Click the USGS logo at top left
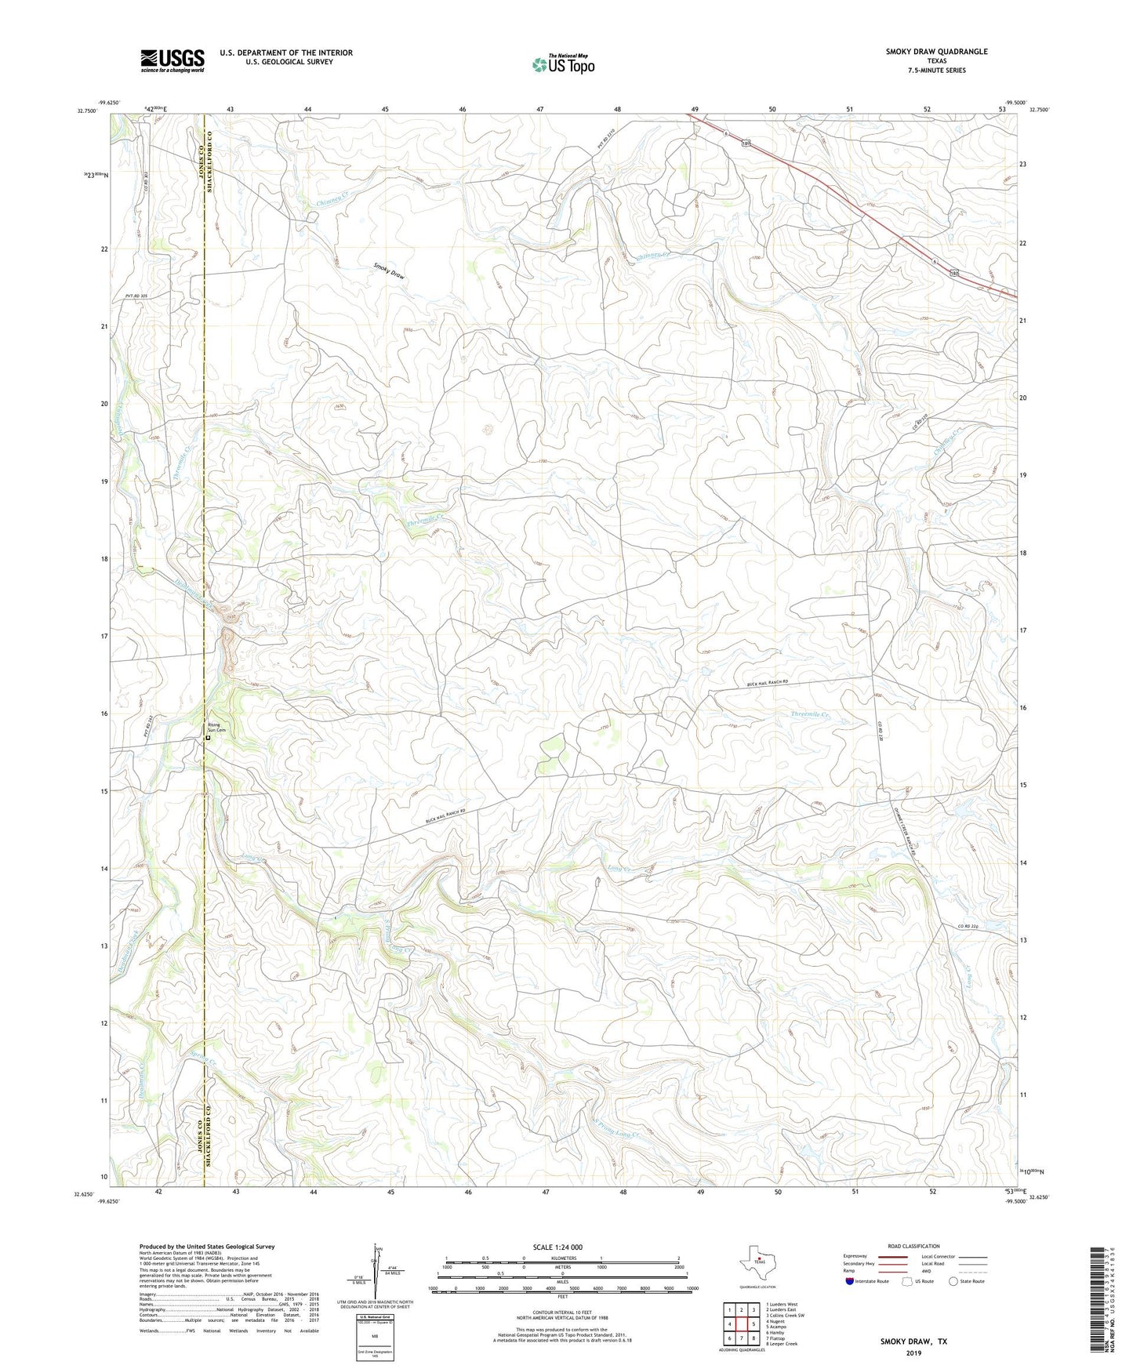[172, 60]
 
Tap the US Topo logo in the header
[561, 64]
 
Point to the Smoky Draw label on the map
[389, 272]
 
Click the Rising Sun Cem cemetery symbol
[209, 738]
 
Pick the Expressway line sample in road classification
[881, 1257]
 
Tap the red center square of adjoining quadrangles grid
[741, 1324]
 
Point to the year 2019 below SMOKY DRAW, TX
[913, 1353]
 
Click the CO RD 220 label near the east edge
[968, 927]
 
